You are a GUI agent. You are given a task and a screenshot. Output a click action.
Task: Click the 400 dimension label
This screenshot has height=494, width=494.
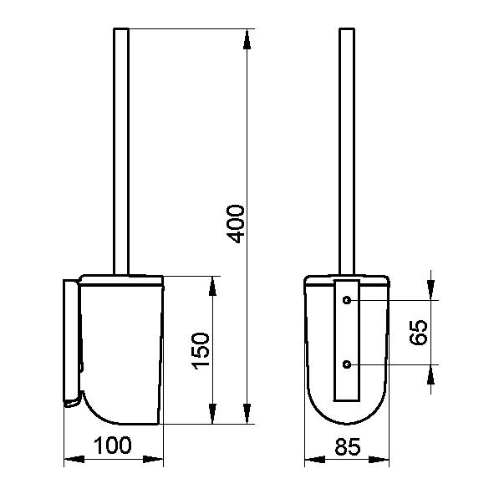[236, 224]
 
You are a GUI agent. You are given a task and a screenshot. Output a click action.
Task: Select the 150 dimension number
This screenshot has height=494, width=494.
[201, 351]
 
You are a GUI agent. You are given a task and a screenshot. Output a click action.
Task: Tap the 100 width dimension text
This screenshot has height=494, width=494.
[113, 446]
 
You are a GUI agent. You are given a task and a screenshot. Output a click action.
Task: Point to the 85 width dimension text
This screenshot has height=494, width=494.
[347, 446]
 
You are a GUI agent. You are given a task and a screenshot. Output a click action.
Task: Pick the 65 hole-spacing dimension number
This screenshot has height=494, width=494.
[419, 333]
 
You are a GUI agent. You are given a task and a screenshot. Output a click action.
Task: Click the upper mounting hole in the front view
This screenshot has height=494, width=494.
[347, 300]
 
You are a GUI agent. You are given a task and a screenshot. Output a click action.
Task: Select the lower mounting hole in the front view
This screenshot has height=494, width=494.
[347, 364]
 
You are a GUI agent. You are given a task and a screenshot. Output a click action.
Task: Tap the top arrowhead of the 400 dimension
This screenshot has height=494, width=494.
[247, 39]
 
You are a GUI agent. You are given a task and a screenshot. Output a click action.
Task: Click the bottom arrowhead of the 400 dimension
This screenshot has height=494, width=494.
[247, 414]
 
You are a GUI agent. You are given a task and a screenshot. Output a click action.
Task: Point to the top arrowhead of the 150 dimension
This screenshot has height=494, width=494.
[212, 287]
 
